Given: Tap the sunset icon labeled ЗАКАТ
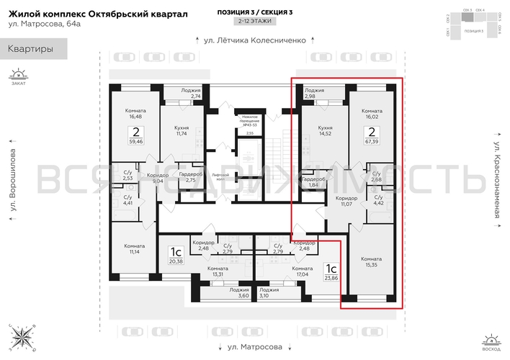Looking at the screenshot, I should click(x=18, y=75).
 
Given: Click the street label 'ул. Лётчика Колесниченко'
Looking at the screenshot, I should click(x=255, y=40).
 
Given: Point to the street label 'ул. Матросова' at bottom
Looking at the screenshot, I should click(x=255, y=346).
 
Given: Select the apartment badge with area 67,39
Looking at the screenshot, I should click(x=372, y=136).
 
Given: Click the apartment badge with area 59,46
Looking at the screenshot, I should click(x=135, y=136).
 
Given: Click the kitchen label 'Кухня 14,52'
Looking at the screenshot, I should click(x=325, y=130).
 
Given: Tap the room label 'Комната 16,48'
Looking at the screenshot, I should click(x=135, y=108).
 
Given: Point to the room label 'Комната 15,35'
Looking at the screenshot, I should click(x=372, y=261).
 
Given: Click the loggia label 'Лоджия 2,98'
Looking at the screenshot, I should click(x=315, y=93).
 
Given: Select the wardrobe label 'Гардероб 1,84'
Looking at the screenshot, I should click(x=314, y=182).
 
